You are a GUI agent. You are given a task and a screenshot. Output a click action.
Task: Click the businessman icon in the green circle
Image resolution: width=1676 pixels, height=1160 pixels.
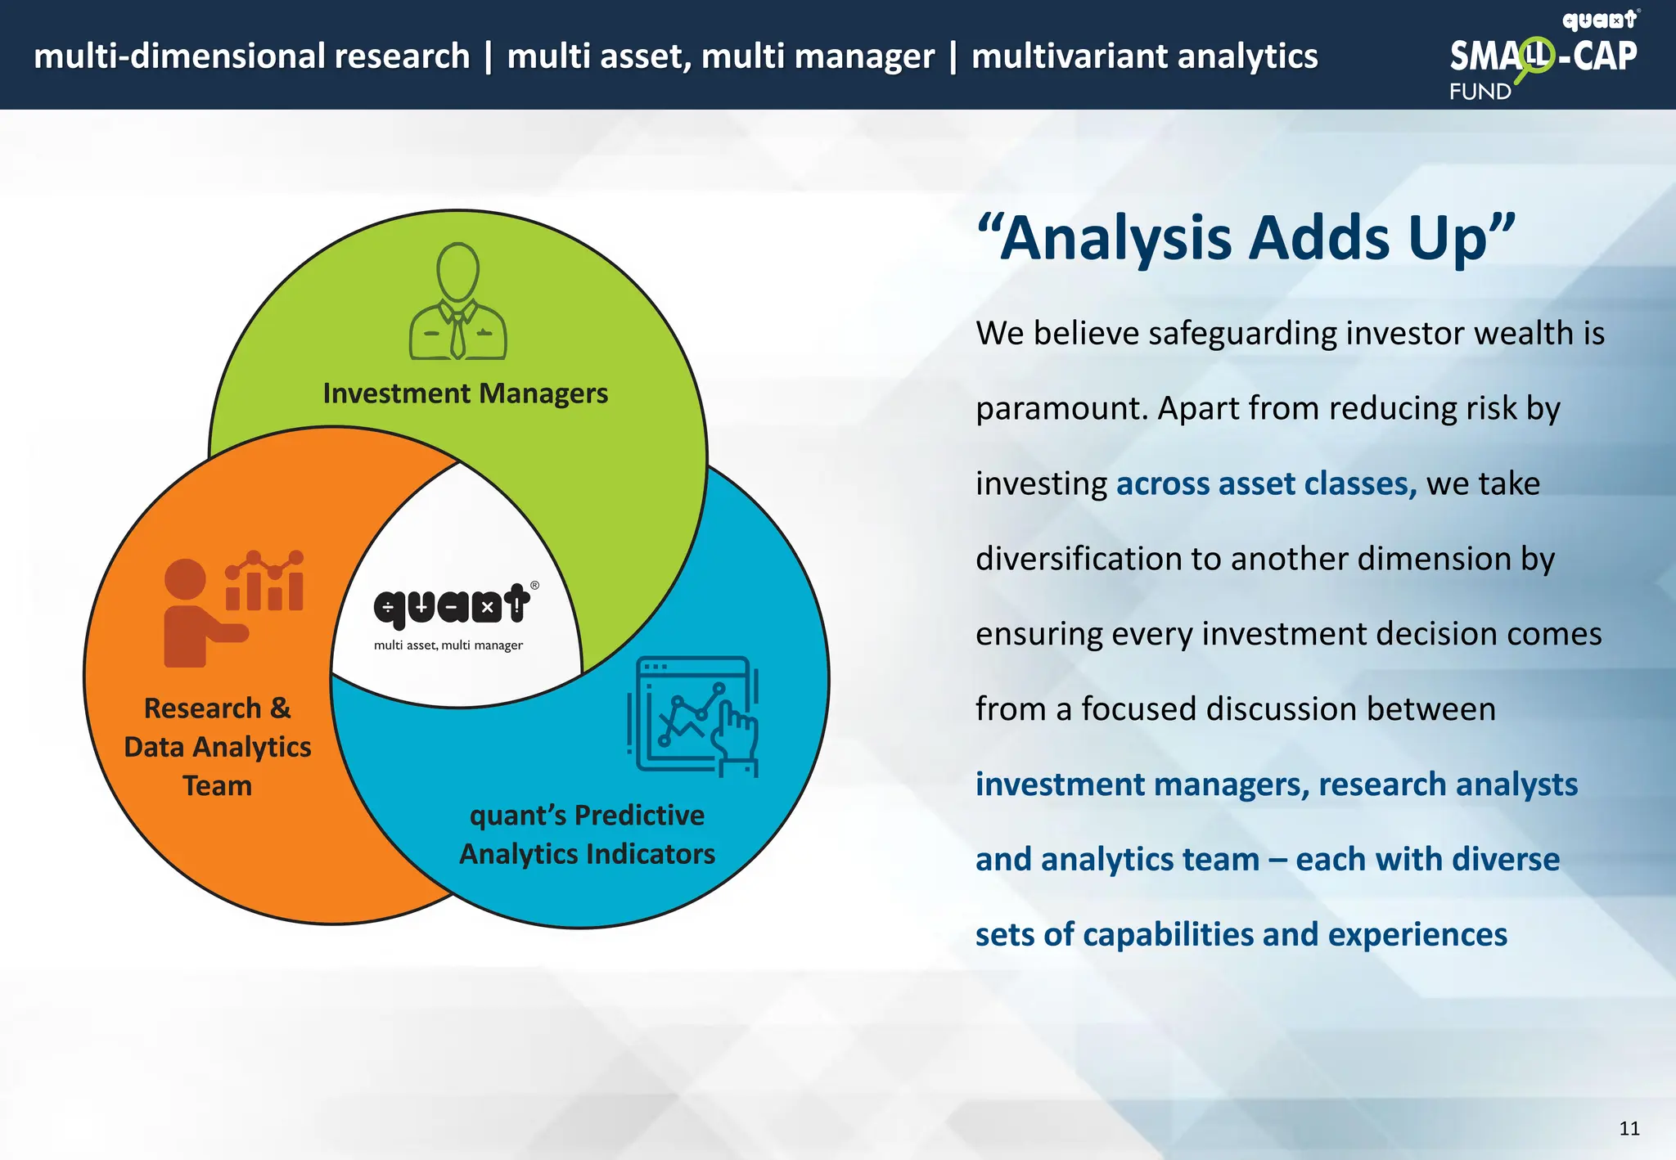(x=457, y=302)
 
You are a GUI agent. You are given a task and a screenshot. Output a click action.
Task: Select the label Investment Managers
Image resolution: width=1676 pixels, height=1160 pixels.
(x=465, y=393)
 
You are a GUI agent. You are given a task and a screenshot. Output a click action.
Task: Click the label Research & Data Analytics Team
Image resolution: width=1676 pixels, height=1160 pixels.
(x=217, y=746)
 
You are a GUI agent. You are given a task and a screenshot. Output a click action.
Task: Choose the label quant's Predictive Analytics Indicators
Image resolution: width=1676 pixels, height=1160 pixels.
(x=587, y=834)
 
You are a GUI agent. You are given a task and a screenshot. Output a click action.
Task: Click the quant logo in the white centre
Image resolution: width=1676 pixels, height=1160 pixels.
(x=451, y=606)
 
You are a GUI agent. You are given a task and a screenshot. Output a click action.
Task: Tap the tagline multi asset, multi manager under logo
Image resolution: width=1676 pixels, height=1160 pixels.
(x=448, y=645)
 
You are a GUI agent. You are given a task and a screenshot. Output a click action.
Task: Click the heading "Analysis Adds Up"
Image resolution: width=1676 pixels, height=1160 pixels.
(x=1246, y=238)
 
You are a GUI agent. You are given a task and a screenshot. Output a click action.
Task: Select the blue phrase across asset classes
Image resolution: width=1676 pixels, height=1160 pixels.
(x=1266, y=483)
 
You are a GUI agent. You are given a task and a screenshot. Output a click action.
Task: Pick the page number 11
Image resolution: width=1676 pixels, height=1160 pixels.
(x=1629, y=1129)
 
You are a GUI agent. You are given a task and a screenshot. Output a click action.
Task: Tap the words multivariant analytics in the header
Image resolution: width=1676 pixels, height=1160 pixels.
(x=1144, y=56)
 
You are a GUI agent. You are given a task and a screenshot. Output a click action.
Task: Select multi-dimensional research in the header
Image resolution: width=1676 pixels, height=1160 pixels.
(x=251, y=56)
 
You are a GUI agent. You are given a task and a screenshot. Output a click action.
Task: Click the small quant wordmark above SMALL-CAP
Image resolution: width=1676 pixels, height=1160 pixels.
(x=1599, y=20)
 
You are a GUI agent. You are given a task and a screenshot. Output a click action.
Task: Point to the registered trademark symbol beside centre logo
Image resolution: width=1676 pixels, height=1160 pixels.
(x=534, y=585)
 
